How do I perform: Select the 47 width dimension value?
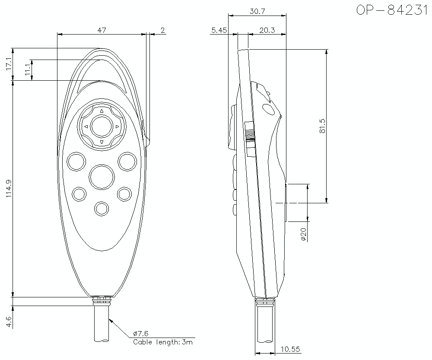pyautogui.click(x=102, y=30)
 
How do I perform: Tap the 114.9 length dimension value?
pyautogui.click(x=9, y=189)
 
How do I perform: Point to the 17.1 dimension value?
pyautogui.click(x=9, y=64)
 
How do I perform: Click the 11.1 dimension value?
pyautogui.click(x=28, y=70)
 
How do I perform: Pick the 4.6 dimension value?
pyautogui.click(x=9, y=321)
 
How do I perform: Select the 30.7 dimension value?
pyautogui.click(x=257, y=12)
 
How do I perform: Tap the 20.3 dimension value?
pyautogui.click(x=267, y=30)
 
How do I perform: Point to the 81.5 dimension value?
pyautogui.click(x=322, y=126)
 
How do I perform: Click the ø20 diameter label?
pyautogui.click(x=303, y=233)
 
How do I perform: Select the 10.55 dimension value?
pyautogui.click(x=291, y=349)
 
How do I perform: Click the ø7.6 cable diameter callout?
pyautogui.click(x=140, y=333)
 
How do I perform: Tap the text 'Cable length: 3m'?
pyautogui.click(x=162, y=342)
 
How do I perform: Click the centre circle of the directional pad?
pyautogui.click(x=102, y=126)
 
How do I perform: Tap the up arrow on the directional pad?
pyautogui.click(x=102, y=111)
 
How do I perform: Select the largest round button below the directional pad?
pyautogui.click(x=102, y=177)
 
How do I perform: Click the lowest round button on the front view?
pyautogui.click(x=102, y=208)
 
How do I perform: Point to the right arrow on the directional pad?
pyautogui.click(x=117, y=126)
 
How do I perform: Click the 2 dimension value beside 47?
pyautogui.click(x=162, y=30)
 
